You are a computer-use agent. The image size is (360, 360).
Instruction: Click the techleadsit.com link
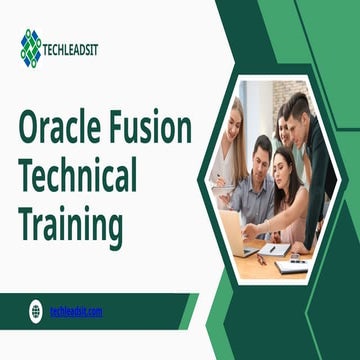pyautogui.click(x=77, y=311)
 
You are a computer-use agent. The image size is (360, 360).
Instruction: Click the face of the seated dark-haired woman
pyautogui.click(x=283, y=164)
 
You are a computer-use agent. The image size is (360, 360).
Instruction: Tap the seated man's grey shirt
pyautogui.click(x=258, y=195)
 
